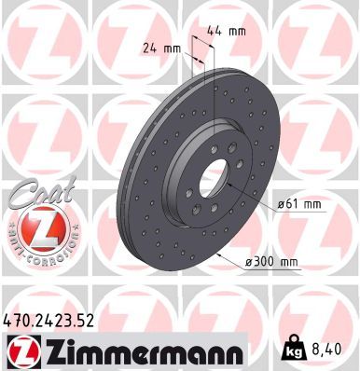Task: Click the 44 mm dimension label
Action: coord(232,32)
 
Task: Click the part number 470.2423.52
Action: coord(49,321)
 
